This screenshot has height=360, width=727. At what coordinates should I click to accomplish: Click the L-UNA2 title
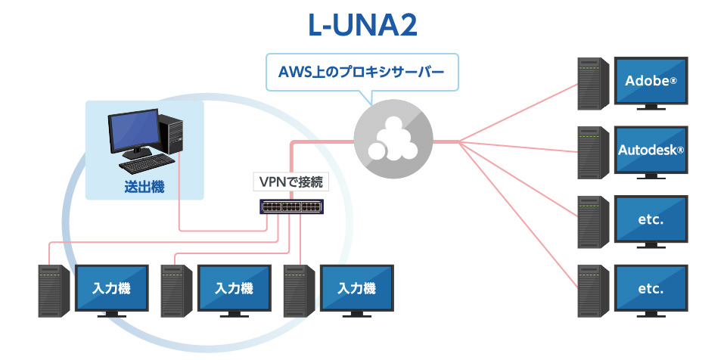click(x=362, y=26)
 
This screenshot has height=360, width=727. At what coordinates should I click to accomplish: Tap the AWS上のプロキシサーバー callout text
click(x=362, y=73)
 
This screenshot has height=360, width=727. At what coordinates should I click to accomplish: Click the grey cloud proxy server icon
click(x=393, y=139)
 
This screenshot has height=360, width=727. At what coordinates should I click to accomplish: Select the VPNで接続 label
click(x=290, y=182)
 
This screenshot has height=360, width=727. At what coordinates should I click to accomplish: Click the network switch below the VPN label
click(x=292, y=206)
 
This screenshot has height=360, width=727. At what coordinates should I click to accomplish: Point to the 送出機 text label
click(x=144, y=187)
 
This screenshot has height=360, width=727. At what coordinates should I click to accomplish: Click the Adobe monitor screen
click(x=651, y=81)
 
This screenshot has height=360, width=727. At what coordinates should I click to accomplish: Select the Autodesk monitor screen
click(x=651, y=150)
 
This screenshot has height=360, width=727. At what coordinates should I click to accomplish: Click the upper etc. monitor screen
click(x=651, y=219)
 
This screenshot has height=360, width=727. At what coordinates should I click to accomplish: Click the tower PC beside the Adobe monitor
click(x=593, y=84)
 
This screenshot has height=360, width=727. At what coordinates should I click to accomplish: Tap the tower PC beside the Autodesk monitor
click(x=593, y=153)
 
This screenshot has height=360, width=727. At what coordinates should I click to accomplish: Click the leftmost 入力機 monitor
click(x=112, y=289)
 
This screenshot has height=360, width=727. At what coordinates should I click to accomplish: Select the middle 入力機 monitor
click(x=235, y=289)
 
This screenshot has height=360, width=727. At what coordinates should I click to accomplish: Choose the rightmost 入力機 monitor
click(x=357, y=289)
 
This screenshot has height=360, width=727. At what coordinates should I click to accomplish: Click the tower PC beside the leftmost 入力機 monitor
click(x=54, y=291)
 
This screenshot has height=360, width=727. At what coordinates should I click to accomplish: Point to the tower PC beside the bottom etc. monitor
click(x=593, y=291)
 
